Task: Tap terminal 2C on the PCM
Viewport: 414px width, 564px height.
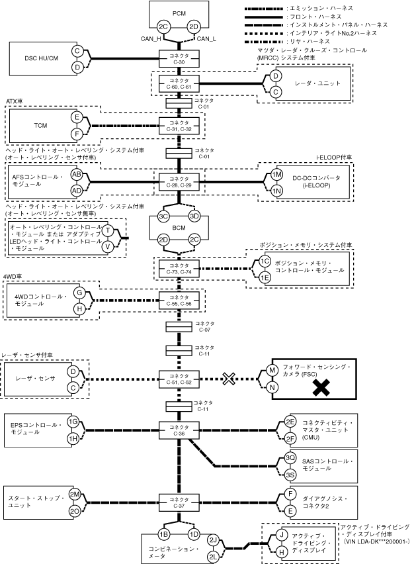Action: click(163, 27)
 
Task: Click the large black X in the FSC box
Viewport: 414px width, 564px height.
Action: click(321, 390)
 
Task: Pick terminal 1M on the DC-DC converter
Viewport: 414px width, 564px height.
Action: click(277, 174)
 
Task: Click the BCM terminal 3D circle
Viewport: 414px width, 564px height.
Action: click(194, 216)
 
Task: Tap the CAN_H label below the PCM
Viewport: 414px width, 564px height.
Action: click(151, 39)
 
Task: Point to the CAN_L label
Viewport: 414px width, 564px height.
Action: click(208, 39)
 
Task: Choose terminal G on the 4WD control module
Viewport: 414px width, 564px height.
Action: click(78, 292)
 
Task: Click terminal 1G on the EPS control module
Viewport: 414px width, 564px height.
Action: click(75, 422)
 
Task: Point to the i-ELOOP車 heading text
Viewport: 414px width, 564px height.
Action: click(334, 158)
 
